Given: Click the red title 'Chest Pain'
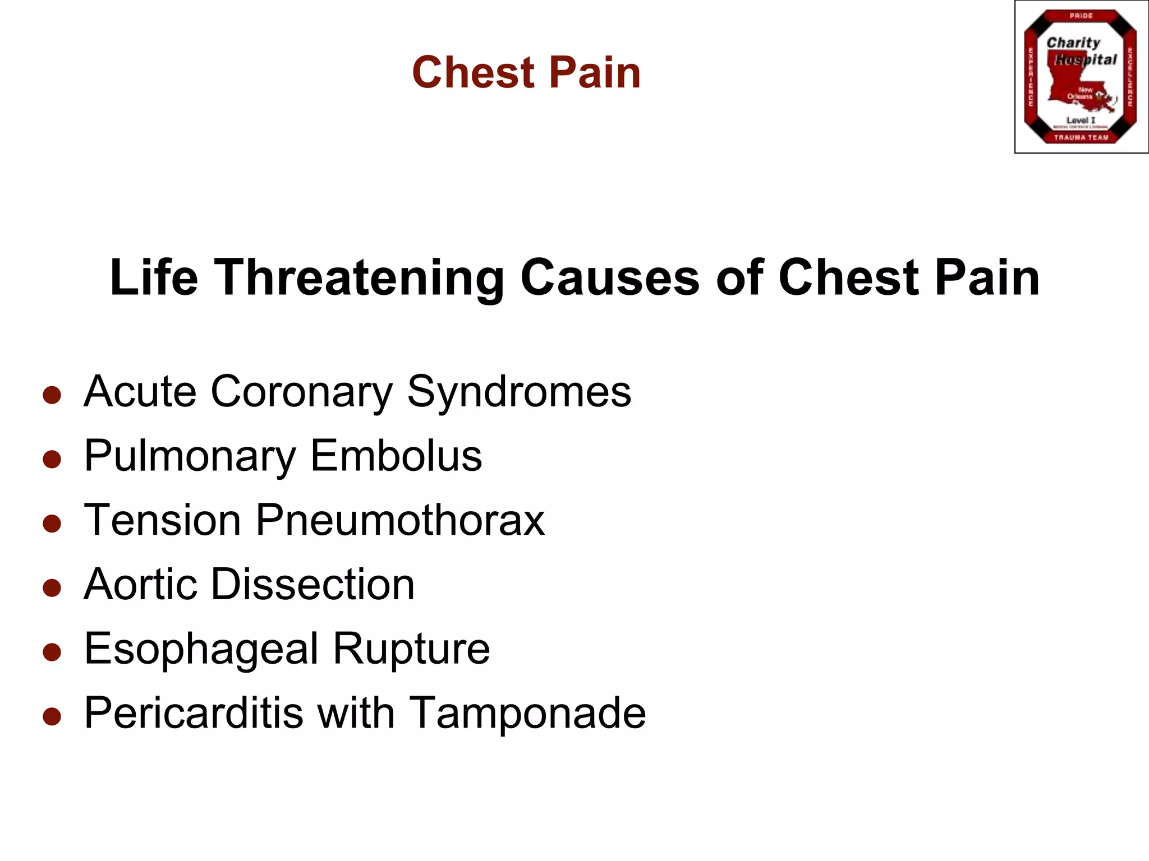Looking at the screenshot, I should tap(526, 73).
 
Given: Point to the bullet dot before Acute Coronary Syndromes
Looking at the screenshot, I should tap(52, 395).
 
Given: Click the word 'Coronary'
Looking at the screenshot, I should tap(302, 392).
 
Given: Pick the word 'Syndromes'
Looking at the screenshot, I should tap(519, 392).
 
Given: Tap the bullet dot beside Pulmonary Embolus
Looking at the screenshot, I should tap(52, 459).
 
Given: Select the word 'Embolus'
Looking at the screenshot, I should tap(396, 456).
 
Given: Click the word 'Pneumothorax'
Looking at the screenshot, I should tap(400, 520).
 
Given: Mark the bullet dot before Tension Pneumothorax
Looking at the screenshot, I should tap(52, 524).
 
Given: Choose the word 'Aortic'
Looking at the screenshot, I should tap(140, 585).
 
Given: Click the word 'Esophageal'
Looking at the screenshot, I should tap(201, 649).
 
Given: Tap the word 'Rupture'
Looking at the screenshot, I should tap(411, 649).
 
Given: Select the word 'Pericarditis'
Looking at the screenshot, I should tap(194, 713).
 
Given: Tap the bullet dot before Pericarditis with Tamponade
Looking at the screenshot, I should tap(52, 716).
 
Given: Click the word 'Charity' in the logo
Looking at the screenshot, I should tap(1073, 43).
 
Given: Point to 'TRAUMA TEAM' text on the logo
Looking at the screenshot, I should tap(1081, 137).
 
